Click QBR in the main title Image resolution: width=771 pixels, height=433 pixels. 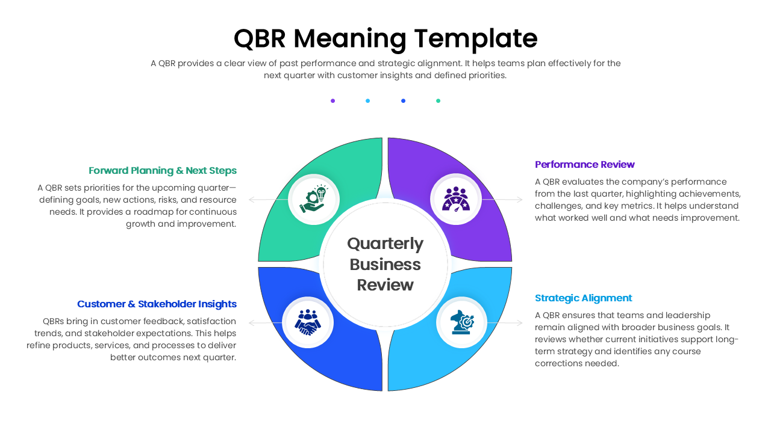[x=260, y=38]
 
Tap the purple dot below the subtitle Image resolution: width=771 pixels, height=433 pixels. [x=332, y=101]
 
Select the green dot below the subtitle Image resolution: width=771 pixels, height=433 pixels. [x=438, y=101]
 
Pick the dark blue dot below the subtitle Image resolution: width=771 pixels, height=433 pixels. [x=403, y=101]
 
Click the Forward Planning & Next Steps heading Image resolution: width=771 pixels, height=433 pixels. [x=163, y=170]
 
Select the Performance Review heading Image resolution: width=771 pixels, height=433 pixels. [x=584, y=164]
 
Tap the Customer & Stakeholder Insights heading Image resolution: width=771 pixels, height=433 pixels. [x=157, y=304]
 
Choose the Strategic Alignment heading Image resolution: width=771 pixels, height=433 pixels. [x=583, y=298]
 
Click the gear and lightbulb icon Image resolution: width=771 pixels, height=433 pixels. [x=314, y=199]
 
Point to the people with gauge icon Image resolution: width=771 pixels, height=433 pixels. [x=456, y=199]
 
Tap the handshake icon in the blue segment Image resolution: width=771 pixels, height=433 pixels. [x=308, y=322]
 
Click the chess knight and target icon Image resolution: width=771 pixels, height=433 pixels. [x=462, y=322]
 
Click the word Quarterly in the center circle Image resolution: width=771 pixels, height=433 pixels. [x=385, y=244]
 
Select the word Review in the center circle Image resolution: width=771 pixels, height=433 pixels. [x=385, y=284]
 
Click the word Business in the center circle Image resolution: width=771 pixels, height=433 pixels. [x=385, y=264]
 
